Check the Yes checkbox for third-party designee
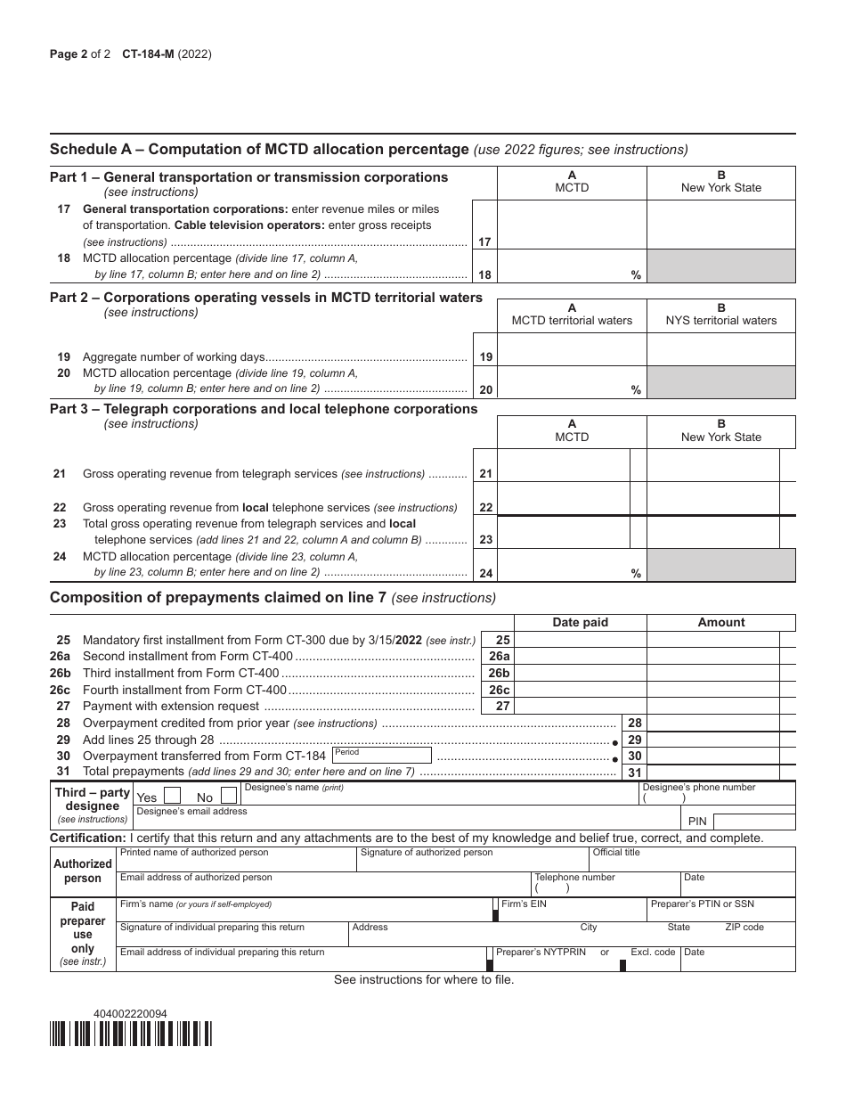[174, 797]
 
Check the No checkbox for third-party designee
[229, 797]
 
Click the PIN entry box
[753, 822]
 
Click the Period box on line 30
[381, 756]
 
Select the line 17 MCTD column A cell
[572, 225]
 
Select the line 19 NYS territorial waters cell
[720, 349]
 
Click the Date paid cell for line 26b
[581, 674]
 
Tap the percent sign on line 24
[636, 574]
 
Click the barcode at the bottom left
[131, 1034]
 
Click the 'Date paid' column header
[581, 623]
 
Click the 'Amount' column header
[721, 623]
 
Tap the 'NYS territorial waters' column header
[721, 321]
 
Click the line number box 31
[634, 773]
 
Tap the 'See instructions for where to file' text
[424, 980]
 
